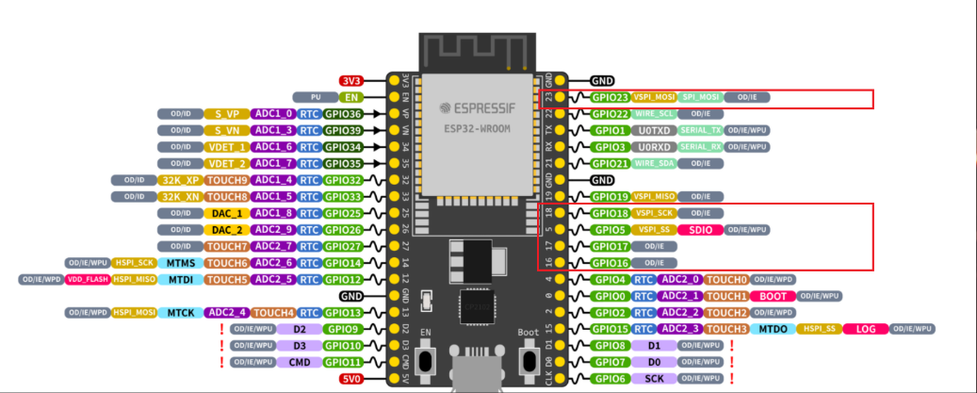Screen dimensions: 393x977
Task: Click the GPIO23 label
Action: click(x=610, y=97)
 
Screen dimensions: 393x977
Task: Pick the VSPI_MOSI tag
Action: click(x=655, y=97)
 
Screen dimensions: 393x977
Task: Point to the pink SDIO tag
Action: click(x=700, y=229)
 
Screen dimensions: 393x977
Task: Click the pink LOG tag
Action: click(x=866, y=328)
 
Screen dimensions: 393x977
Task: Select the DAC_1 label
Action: click(x=221, y=213)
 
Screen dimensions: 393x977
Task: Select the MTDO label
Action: click(x=773, y=328)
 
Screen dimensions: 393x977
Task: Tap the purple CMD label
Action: click(x=301, y=361)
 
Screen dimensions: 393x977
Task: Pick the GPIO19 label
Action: click(x=610, y=196)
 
